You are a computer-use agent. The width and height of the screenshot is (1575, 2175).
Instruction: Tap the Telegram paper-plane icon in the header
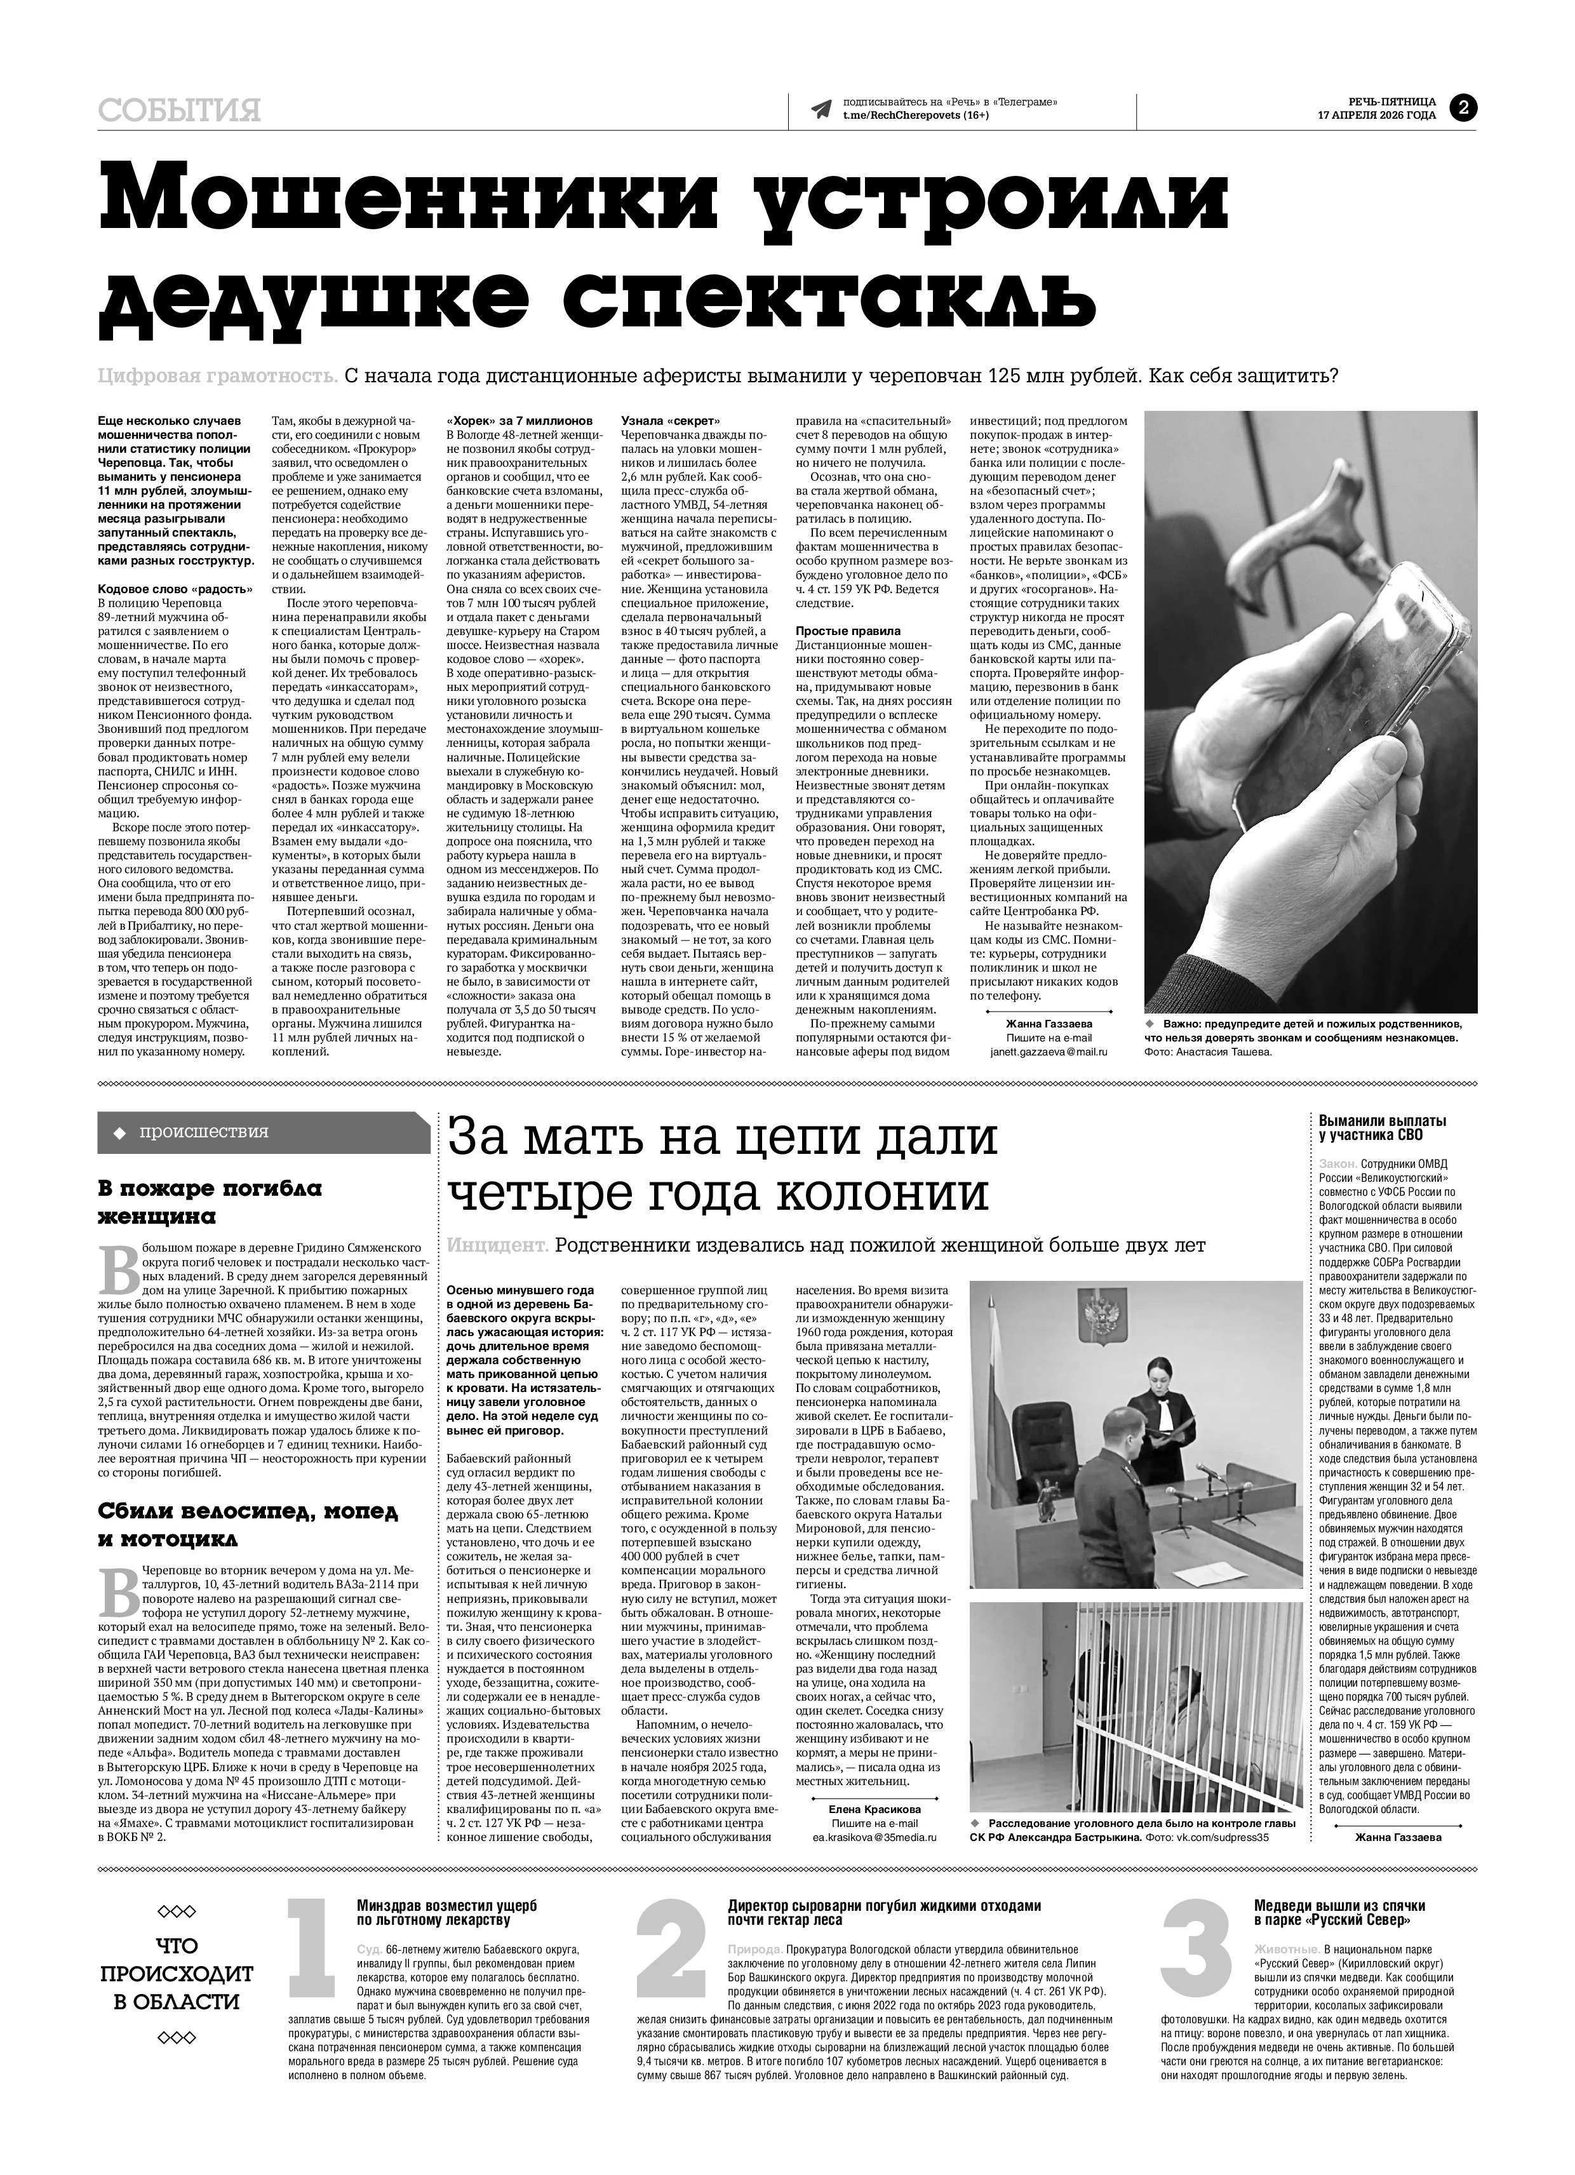pyautogui.click(x=821, y=109)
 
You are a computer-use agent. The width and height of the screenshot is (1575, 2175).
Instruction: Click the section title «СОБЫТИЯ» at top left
pyautogui.click(x=179, y=111)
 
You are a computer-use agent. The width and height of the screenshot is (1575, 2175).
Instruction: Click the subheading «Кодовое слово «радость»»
pyautogui.click(x=175, y=589)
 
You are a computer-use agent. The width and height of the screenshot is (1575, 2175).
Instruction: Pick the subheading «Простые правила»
pyautogui.click(x=848, y=631)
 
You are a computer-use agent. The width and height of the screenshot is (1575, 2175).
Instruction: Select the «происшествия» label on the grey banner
pyautogui.click(x=203, y=1132)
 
